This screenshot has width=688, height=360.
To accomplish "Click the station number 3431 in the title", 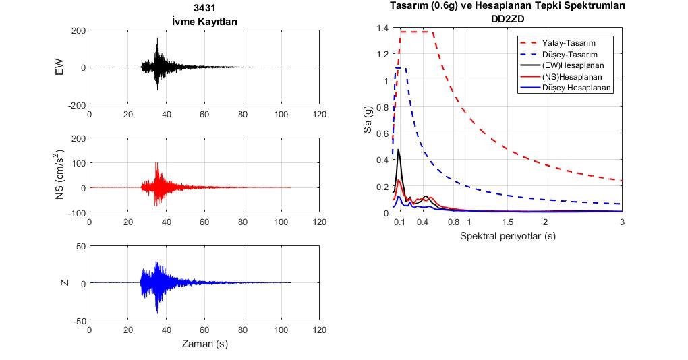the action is [x=204, y=8].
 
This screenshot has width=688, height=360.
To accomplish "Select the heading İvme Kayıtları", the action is [x=204, y=22].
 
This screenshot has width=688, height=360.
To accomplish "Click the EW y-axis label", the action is [x=59, y=67].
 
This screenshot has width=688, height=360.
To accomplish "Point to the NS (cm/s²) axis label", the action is [x=59, y=174].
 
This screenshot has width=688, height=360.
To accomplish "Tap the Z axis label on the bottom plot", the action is [x=65, y=283].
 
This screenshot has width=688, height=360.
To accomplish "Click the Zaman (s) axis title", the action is [x=205, y=344].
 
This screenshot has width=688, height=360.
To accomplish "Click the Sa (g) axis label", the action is [x=368, y=119].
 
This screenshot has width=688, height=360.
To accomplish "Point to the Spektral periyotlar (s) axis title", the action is [x=508, y=236].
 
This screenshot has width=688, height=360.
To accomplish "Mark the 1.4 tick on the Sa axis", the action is [x=382, y=28].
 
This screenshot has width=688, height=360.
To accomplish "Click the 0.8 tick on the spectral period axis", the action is [x=453, y=222].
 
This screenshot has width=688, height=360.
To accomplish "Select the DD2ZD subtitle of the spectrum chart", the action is [x=507, y=19].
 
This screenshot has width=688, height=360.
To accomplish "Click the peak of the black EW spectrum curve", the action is [x=399, y=150].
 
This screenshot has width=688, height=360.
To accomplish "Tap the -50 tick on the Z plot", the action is [x=80, y=320].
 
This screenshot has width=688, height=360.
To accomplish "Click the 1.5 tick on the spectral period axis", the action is [x=507, y=222].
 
